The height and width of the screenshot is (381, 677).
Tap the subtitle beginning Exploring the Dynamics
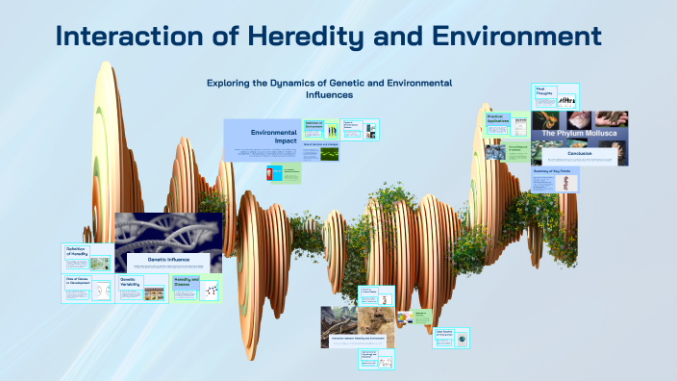329,89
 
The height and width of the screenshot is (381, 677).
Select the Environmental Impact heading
274,137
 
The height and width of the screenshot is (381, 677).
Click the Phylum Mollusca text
580,133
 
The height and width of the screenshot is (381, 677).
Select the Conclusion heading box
580,153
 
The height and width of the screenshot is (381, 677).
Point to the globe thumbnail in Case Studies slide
463,339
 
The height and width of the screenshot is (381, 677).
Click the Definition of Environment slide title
314,125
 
